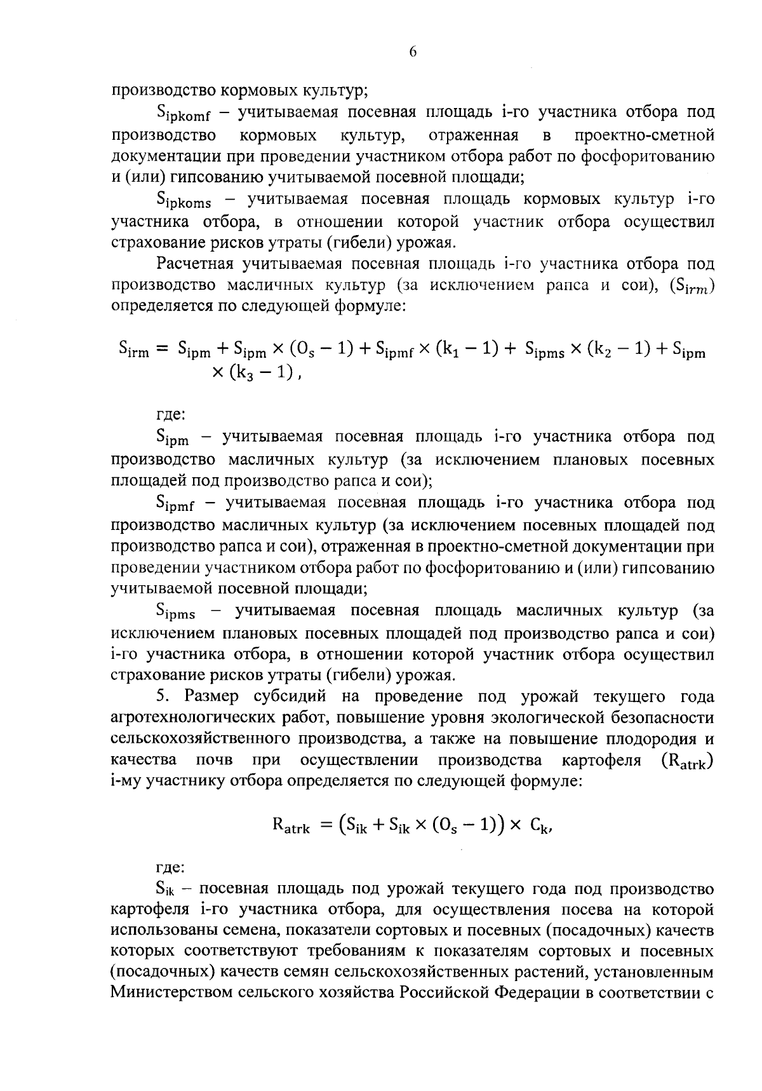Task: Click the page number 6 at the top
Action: click(x=412, y=53)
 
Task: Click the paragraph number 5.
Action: click(x=161, y=696)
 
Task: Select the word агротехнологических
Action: click(x=195, y=718)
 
